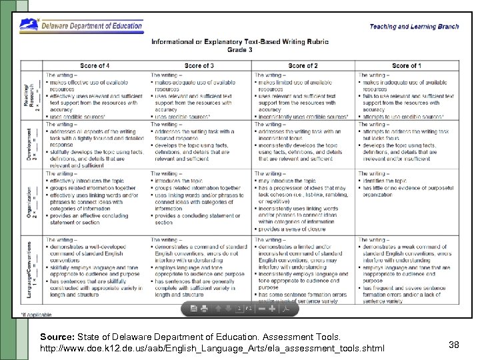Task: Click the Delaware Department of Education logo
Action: tap(81, 25)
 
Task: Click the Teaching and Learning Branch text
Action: tap(414, 27)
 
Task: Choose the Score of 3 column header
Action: tap(199, 66)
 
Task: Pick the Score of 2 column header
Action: tap(303, 66)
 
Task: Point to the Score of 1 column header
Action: tap(406, 66)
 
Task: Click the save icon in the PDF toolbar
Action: tap(193, 309)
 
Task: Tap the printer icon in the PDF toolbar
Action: tap(205, 309)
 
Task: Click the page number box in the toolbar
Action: tap(240, 309)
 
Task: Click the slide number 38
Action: tap(454, 344)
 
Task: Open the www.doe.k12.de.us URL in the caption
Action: tap(212, 349)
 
